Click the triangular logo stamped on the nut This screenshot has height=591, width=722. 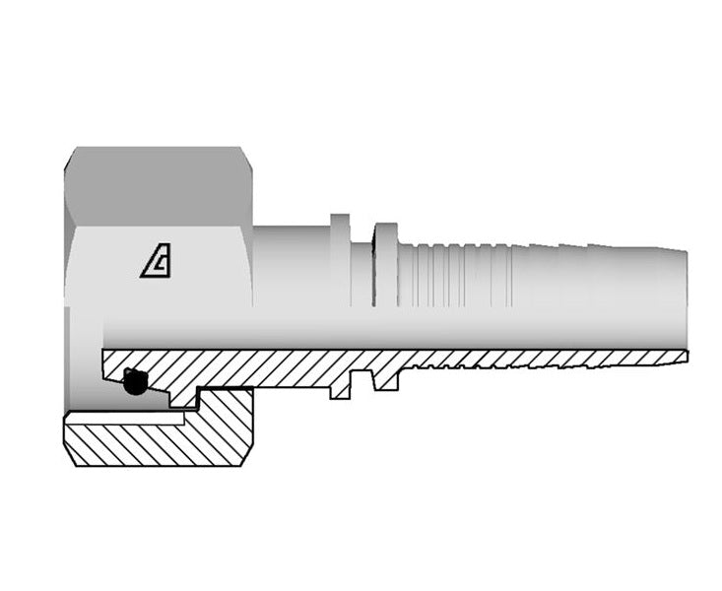click(155, 263)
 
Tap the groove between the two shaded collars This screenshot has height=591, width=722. click(362, 266)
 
